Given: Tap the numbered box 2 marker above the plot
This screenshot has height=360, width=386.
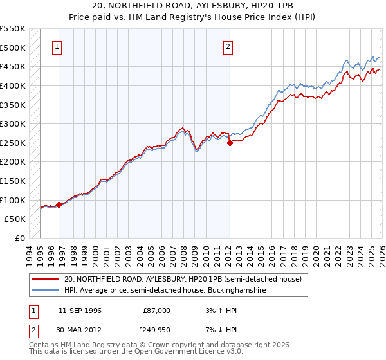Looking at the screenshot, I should tap(228, 46).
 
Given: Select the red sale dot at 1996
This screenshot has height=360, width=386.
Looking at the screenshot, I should tap(59, 204).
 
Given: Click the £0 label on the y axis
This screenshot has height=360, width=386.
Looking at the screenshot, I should tap(19, 238).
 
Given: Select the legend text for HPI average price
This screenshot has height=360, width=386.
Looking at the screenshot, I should tap(165, 291).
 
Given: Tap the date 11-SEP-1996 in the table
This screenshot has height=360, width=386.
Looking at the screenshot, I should tap(80, 310).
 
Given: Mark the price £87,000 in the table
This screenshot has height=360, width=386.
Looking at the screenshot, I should tap(157, 310).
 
